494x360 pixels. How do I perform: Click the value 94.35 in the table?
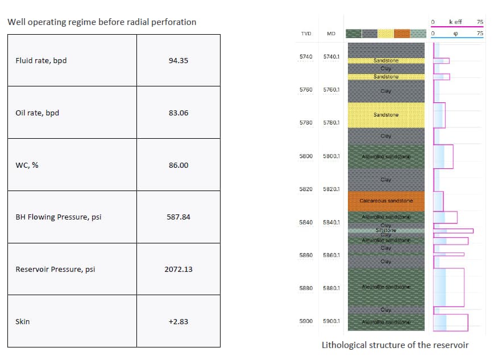[x=178, y=61]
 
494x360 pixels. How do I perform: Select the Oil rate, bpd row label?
[x=37, y=113]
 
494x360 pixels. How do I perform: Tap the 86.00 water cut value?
[x=178, y=165]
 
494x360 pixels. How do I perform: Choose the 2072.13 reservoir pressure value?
[x=178, y=269]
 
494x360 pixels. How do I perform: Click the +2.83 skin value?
[x=178, y=321]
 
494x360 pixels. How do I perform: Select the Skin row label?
[x=23, y=321]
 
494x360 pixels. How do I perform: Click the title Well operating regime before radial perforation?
[x=102, y=22]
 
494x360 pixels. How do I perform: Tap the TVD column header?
[x=306, y=34]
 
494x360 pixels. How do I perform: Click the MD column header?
[x=331, y=34]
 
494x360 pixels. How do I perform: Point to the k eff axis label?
[x=455, y=22]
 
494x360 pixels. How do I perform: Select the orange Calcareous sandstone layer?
[x=386, y=201]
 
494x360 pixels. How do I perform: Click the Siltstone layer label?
[x=386, y=230]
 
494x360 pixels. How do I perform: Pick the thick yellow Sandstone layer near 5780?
[x=386, y=115]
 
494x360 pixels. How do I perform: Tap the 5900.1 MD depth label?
[x=331, y=321]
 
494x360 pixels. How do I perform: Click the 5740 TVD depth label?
[x=306, y=57]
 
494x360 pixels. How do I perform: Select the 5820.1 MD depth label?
[x=331, y=189]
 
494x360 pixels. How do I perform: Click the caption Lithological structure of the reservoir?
[x=395, y=345]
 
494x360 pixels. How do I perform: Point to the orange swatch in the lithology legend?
[x=401, y=34]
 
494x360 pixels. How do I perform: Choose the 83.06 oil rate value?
[x=178, y=113]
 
